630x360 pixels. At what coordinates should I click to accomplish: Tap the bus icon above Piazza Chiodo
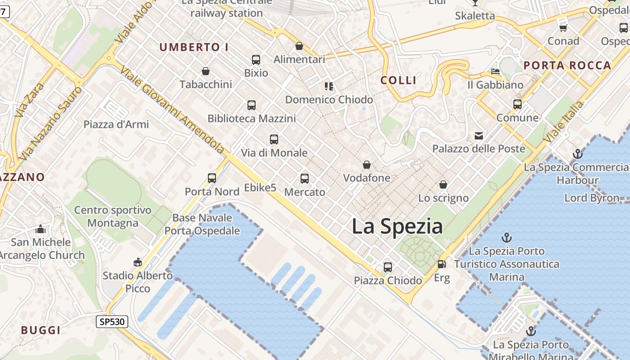(388, 267)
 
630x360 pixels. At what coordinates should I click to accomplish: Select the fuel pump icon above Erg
(442, 264)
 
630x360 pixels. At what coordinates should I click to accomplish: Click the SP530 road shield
(112, 321)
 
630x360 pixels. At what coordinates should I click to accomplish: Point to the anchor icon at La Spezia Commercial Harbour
(577, 154)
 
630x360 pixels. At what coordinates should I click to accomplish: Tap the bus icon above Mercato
(305, 179)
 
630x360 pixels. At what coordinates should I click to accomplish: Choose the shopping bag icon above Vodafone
(367, 165)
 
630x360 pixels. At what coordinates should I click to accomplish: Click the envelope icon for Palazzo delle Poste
(478, 135)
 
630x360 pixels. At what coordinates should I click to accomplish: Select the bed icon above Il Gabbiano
(495, 72)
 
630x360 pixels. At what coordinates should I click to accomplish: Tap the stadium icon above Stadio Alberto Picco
(138, 262)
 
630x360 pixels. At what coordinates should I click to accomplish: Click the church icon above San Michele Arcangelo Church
(40, 229)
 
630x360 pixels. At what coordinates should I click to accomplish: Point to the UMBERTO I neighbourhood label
(194, 47)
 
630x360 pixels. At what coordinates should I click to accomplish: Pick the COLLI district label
(398, 81)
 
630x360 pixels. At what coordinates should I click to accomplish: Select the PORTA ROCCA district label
(567, 65)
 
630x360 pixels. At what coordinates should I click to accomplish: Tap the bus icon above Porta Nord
(212, 178)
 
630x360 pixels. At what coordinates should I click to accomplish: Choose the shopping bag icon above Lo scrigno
(443, 184)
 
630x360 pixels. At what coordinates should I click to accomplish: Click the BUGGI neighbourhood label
(40, 330)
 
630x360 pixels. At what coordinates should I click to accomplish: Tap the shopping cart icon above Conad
(563, 28)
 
